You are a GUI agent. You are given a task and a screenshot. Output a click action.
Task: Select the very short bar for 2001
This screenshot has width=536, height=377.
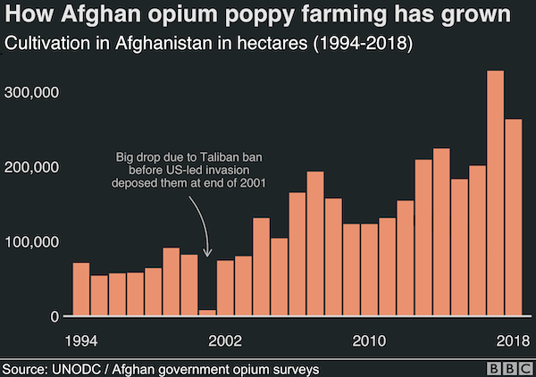(207, 313)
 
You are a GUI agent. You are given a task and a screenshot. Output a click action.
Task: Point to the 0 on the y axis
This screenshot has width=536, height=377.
(56, 316)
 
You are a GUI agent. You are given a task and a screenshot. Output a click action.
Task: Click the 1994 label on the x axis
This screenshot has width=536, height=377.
(81, 340)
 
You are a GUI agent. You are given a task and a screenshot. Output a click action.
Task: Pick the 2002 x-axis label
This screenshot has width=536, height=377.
(225, 340)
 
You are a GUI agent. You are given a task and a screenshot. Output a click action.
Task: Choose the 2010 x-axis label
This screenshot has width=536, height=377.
(370, 340)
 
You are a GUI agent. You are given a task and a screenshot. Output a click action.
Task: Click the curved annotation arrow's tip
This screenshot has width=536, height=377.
(207, 256)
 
